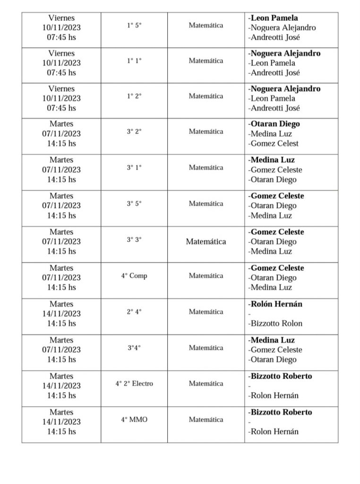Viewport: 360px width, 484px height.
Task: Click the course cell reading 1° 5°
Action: pos(134,26)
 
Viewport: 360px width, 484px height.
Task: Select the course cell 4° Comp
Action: pos(134,276)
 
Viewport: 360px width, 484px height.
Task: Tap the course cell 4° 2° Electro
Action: pos(134,383)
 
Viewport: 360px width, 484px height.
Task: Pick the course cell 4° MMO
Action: pos(134,419)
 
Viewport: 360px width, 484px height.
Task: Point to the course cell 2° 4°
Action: pos(134,311)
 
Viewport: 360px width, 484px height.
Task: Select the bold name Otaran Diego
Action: pos(275,124)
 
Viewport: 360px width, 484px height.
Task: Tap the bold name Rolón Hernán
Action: pos(276,304)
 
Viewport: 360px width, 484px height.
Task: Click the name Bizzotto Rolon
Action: pos(276,323)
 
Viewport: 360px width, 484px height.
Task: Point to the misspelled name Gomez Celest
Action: pos(274,144)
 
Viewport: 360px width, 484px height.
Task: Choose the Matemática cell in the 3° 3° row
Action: pos(206,242)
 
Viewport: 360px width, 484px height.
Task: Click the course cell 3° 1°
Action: pos(134,167)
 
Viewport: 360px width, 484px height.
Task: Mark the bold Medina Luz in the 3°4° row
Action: pos(273,340)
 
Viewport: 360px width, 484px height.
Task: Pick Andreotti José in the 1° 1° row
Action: pos(275,73)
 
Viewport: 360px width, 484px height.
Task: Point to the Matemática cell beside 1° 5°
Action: pos(206,26)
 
